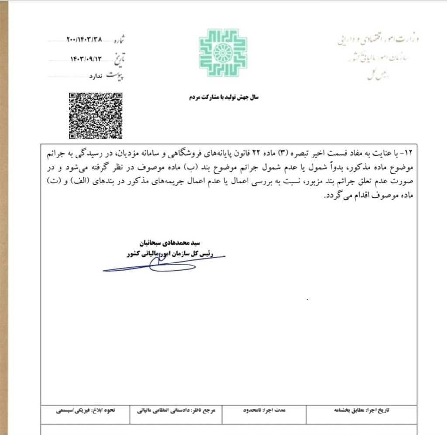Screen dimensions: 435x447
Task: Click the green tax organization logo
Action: [223, 53]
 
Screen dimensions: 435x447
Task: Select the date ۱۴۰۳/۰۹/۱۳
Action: [89, 58]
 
